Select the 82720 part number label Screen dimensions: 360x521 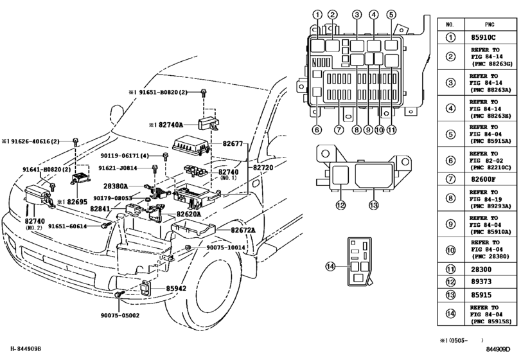(x=264, y=167)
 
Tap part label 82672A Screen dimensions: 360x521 (x=239, y=230)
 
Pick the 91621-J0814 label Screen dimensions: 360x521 (x=118, y=168)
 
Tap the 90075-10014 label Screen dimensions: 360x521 (x=225, y=247)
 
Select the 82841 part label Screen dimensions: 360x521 (x=100, y=209)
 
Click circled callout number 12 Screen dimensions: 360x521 (x=340, y=205)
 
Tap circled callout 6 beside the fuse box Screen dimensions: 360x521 (x=316, y=129)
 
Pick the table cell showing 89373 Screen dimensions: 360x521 (x=485, y=281)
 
